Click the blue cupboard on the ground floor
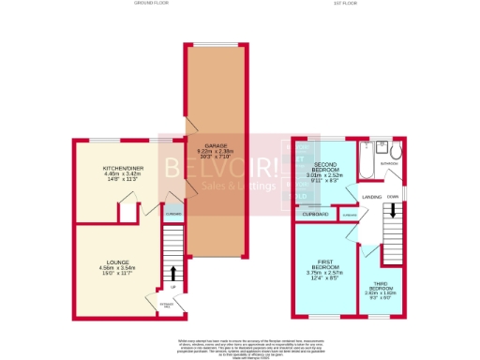tap(173, 213)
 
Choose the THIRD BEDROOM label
tap(380, 287)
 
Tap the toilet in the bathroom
tap(397, 150)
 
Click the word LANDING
tap(370, 196)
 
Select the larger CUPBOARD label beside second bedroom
tap(314, 214)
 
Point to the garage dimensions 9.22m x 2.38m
tap(215, 152)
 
